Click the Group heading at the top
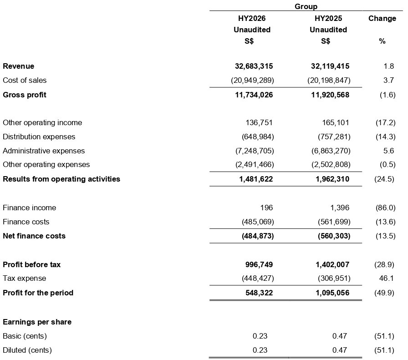click(x=306, y=6)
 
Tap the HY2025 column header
click(x=328, y=19)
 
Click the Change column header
click(x=382, y=19)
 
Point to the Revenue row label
click(x=19, y=66)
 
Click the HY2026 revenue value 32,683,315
click(x=251, y=66)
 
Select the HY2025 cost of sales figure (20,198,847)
click(x=328, y=80)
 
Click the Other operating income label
click(x=42, y=122)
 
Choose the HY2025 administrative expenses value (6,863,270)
click(x=328, y=151)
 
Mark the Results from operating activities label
click(x=61, y=179)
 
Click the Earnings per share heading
click(x=37, y=322)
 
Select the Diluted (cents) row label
click(x=27, y=350)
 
